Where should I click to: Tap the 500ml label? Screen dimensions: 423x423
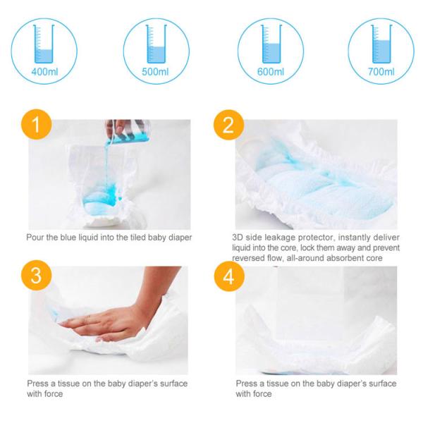click(x=156, y=72)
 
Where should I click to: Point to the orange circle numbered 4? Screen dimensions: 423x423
click(x=226, y=277)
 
